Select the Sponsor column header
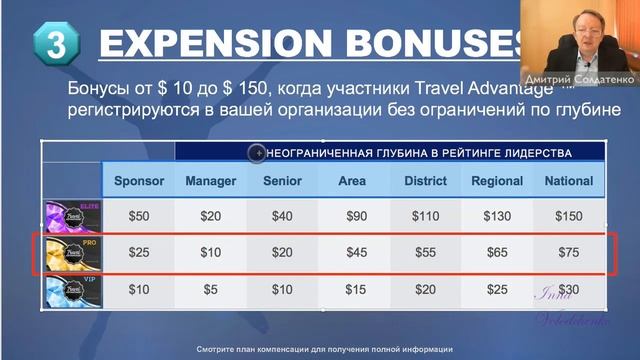coord(139,181)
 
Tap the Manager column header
coord(211,181)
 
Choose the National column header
coord(569,181)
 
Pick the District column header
coord(425,181)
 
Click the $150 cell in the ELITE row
coord(569,216)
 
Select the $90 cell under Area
coord(356,216)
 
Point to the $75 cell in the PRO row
coord(569,253)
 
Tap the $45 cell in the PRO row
coord(356,253)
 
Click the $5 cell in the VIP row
coord(211,290)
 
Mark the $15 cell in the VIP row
coord(356,290)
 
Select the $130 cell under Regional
coord(497,216)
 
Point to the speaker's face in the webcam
coord(581,34)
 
